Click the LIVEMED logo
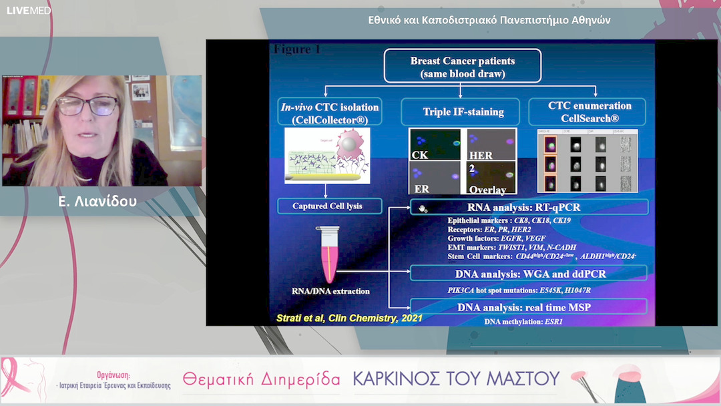tap(29, 11)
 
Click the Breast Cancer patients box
tap(462, 67)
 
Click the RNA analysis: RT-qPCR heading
tap(528, 207)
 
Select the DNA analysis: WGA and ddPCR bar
tap(528, 273)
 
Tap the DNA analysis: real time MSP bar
tap(528, 307)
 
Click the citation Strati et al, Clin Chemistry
tap(349, 318)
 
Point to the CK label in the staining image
tap(420, 156)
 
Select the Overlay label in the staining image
tap(487, 190)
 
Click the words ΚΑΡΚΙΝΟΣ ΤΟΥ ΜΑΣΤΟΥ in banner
tap(455, 379)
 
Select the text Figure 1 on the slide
tap(298, 49)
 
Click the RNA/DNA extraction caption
tap(331, 291)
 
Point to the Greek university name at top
tap(489, 20)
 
